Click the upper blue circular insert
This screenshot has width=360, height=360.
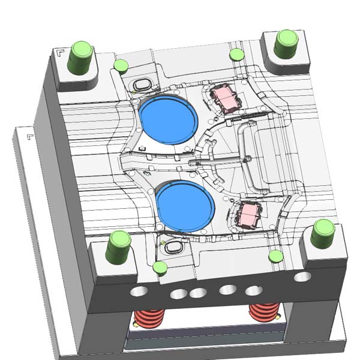(x=168, y=118)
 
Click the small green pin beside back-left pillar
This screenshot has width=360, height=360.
(x=121, y=65)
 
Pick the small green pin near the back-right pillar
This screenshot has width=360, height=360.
(x=236, y=55)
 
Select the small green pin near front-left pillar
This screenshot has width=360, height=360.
(x=159, y=267)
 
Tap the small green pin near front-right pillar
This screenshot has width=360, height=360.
(x=275, y=257)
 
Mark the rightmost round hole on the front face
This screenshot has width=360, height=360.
(x=302, y=277)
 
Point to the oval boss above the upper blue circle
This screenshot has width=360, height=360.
(x=143, y=84)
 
